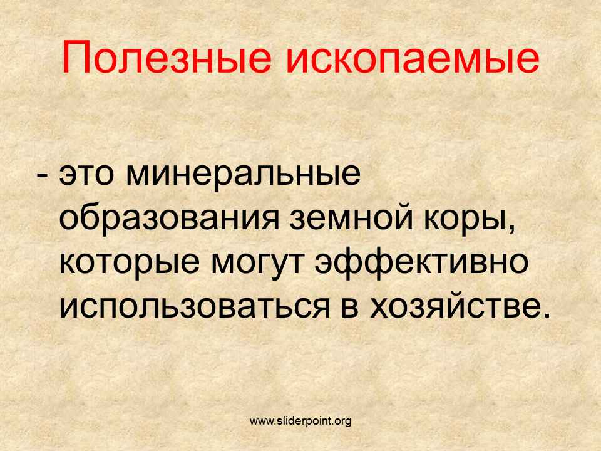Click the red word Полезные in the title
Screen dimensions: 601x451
(x=167, y=58)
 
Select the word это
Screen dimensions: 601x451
(x=86, y=175)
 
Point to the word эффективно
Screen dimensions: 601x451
(x=421, y=262)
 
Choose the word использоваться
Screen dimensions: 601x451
(x=194, y=306)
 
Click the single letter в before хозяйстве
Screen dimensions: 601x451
(x=349, y=307)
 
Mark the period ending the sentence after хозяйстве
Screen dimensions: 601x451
(x=547, y=315)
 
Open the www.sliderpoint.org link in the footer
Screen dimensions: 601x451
(x=300, y=421)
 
